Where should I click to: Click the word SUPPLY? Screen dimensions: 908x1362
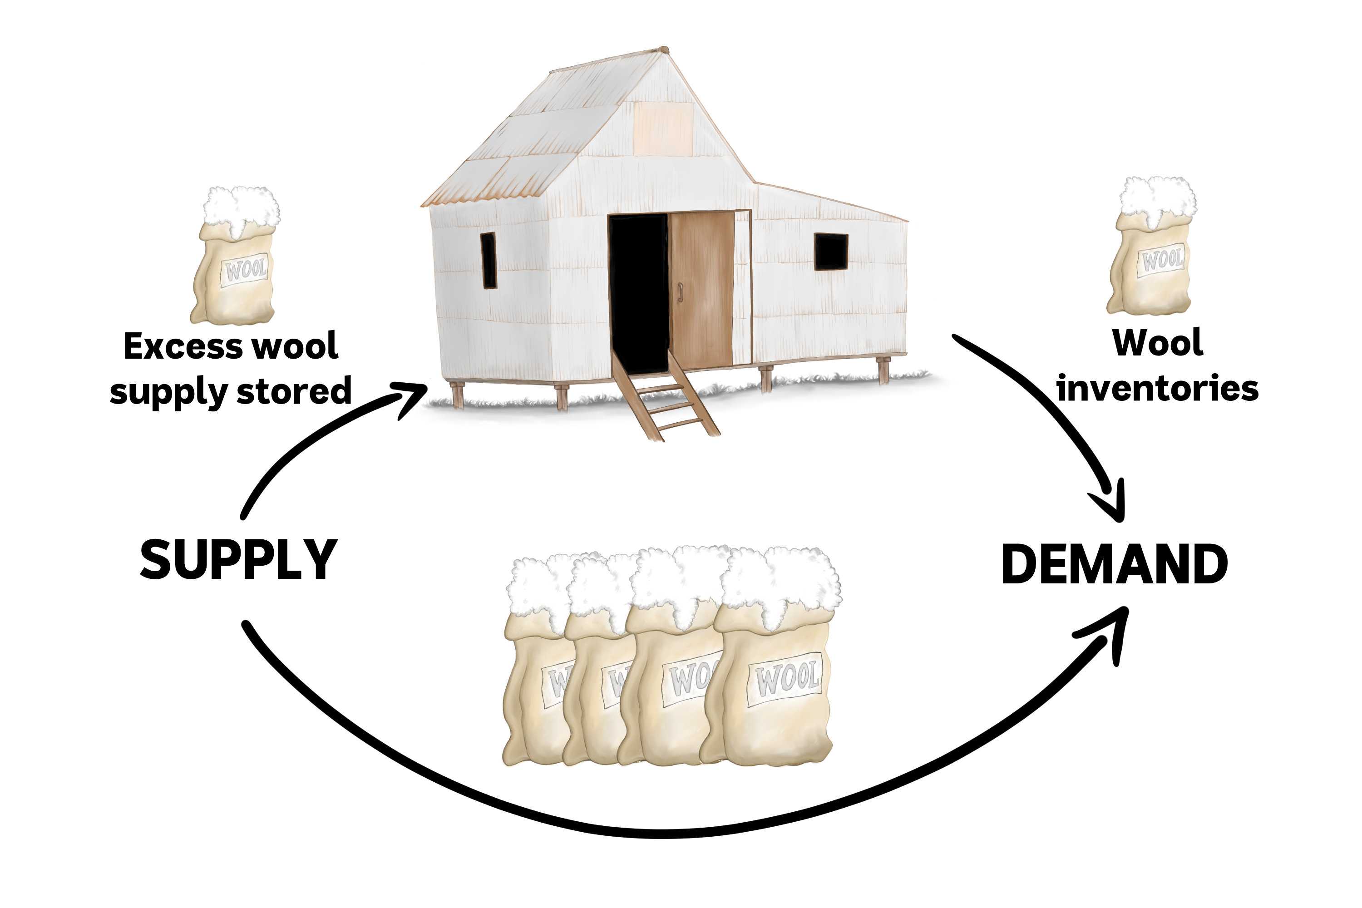pyautogui.click(x=239, y=560)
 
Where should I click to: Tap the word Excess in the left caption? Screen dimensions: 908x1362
pyautogui.click(x=185, y=346)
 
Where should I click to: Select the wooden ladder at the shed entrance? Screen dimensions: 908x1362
pyautogui.click(x=666, y=400)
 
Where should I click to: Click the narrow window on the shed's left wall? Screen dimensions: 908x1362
pyautogui.click(x=489, y=260)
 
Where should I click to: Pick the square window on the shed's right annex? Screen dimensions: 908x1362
pyautogui.click(x=831, y=252)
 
